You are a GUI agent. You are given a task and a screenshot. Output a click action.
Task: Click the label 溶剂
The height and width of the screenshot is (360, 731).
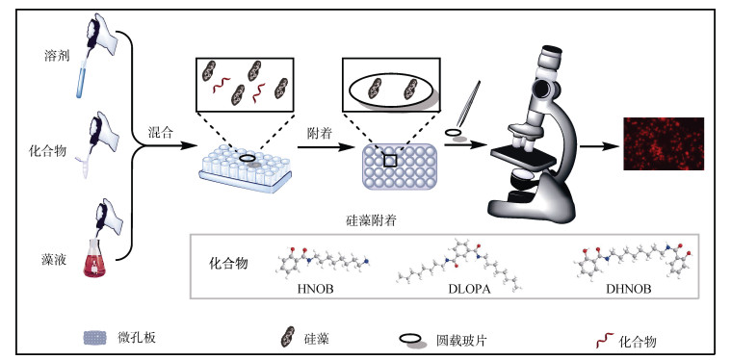click(56, 57)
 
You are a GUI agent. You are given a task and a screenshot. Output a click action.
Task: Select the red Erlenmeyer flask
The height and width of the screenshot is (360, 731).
click(94, 258)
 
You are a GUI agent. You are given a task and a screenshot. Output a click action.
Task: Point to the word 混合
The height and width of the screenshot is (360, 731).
click(161, 133)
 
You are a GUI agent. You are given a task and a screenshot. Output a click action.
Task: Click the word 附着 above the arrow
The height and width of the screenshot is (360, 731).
click(319, 134)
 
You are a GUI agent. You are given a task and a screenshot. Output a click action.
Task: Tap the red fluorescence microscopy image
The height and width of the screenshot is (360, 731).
click(664, 144)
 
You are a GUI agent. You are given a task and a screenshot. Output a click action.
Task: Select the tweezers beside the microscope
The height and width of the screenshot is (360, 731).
click(469, 104)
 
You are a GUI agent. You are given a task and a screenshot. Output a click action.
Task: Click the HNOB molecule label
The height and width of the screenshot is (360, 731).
click(316, 289)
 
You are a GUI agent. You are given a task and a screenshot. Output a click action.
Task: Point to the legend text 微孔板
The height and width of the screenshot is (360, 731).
click(137, 337)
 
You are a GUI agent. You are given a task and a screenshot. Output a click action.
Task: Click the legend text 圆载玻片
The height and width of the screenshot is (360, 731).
click(461, 341)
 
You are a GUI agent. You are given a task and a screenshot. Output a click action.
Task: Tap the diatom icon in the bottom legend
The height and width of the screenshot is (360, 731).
click(287, 337)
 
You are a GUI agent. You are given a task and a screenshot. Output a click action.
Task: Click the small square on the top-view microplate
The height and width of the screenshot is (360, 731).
click(390, 161)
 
